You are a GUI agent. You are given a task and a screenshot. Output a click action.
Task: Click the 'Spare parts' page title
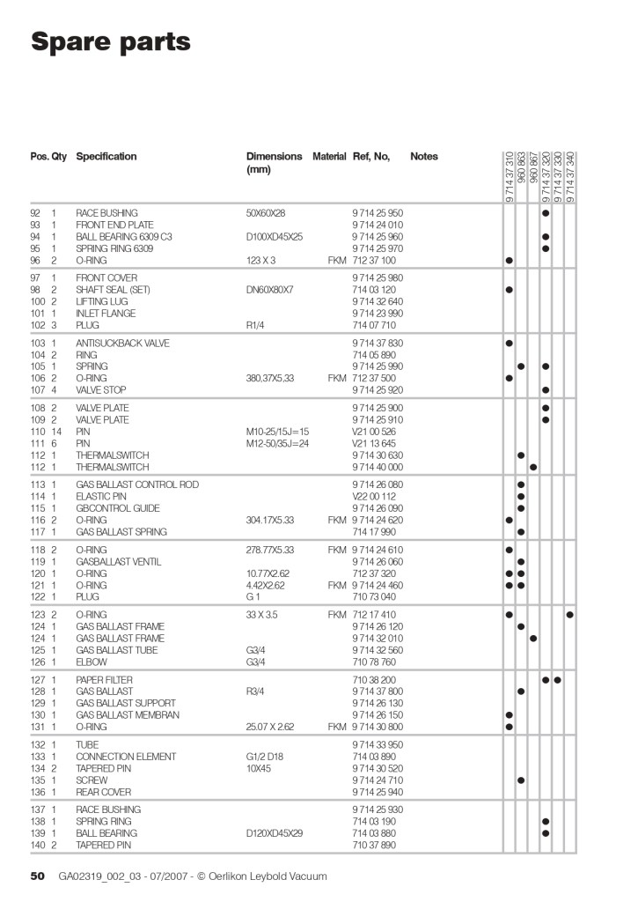coord(110,41)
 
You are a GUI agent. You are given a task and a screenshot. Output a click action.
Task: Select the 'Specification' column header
coord(106,157)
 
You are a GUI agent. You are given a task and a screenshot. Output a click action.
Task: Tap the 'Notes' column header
coord(423,157)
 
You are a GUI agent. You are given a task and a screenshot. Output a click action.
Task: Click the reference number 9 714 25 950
coord(378,213)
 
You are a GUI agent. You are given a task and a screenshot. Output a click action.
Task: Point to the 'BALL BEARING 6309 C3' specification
coord(124,237)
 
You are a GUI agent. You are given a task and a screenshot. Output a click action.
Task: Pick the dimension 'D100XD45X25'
coord(275,237)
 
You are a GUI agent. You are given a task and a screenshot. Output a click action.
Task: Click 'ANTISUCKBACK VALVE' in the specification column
coord(122,343)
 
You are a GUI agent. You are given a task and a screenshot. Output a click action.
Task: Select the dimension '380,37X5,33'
coord(272,378)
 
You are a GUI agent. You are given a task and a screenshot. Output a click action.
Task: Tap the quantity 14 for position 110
coord(56,432)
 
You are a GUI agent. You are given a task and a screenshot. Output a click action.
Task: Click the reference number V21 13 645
coord(374,443)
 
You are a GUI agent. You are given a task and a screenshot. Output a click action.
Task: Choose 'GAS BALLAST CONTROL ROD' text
coord(137,484)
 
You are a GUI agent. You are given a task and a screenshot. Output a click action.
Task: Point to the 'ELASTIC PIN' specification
coord(101,497)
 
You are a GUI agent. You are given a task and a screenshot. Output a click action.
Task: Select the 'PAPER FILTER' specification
coord(102,680)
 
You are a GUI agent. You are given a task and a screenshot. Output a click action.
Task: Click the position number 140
coord(37,845)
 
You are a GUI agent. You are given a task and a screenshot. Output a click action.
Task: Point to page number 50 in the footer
coord(38,876)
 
